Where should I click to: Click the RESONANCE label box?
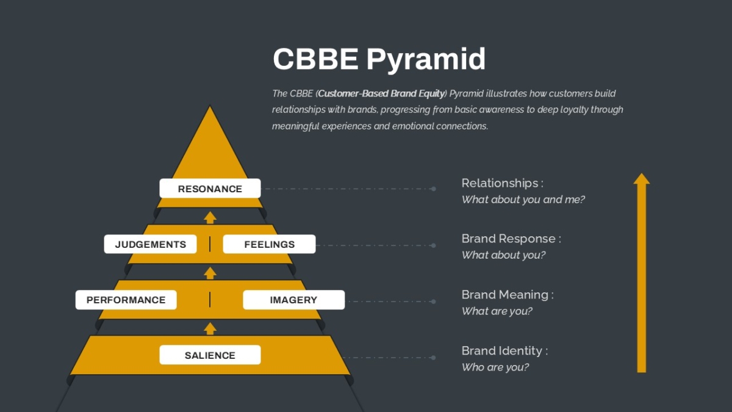click(210, 189)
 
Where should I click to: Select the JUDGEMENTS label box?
click(150, 244)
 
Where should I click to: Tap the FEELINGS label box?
click(269, 244)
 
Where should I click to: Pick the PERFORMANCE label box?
click(126, 300)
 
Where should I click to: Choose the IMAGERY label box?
click(294, 300)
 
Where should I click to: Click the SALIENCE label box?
click(210, 355)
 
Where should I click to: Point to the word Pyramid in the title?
click(426, 60)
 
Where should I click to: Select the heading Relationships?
click(500, 183)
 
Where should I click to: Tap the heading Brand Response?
click(509, 239)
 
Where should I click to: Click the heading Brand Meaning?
click(505, 295)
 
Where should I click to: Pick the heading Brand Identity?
click(502, 351)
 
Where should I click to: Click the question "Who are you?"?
click(495, 367)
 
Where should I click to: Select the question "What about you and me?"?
click(523, 200)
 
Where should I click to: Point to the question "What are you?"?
click(497, 311)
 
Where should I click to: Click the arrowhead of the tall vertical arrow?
click(642, 179)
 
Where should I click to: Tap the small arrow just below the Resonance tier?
click(210, 217)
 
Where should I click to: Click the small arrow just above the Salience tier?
click(210, 328)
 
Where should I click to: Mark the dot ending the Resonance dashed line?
click(434, 189)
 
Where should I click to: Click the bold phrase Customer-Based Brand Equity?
click(381, 94)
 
